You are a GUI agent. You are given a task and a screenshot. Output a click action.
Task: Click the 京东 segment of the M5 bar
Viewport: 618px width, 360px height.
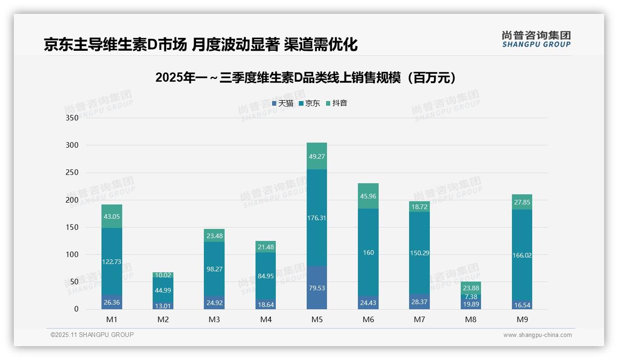(316, 218)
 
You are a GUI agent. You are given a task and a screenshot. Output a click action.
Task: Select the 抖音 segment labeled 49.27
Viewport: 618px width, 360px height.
(316, 156)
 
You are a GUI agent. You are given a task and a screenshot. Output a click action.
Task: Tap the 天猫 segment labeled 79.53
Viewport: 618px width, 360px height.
(316, 288)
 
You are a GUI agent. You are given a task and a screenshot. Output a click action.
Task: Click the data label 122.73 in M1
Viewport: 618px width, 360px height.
(112, 262)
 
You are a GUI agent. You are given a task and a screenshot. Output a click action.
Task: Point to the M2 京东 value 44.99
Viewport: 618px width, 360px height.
(163, 290)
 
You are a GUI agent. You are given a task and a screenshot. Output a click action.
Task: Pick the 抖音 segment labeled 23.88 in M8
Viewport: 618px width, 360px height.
(471, 288)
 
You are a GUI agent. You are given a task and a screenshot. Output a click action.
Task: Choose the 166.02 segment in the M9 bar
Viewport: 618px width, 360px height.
(522, 255)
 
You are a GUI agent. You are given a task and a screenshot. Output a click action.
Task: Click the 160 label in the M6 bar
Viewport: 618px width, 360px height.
(368, 252)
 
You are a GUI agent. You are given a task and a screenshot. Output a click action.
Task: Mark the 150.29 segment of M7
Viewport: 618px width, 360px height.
(419, 253)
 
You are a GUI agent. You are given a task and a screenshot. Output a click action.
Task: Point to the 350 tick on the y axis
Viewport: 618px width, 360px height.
(72, 118)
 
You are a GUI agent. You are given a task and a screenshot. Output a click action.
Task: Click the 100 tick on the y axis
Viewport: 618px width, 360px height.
(72, 255)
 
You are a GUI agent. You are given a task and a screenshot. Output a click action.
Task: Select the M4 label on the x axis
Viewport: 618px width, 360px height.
(266, 319)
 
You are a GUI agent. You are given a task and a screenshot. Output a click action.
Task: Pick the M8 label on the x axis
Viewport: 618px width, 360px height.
(470, 319)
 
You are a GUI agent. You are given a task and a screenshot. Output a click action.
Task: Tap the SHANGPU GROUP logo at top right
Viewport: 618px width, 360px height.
(536, 39)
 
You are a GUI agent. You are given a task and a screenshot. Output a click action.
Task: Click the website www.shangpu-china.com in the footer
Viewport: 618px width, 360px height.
(537, 335)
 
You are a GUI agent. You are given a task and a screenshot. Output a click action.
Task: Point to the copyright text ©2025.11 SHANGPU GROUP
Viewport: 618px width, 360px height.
(92, 335)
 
